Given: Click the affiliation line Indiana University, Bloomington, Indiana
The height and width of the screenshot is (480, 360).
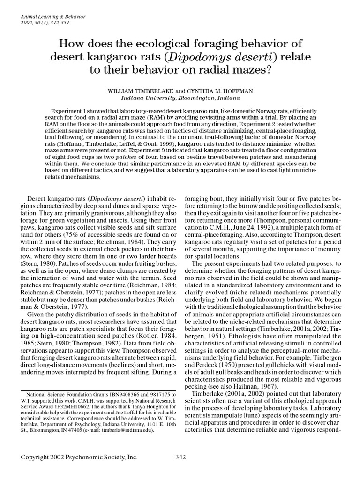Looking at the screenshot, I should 180,99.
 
